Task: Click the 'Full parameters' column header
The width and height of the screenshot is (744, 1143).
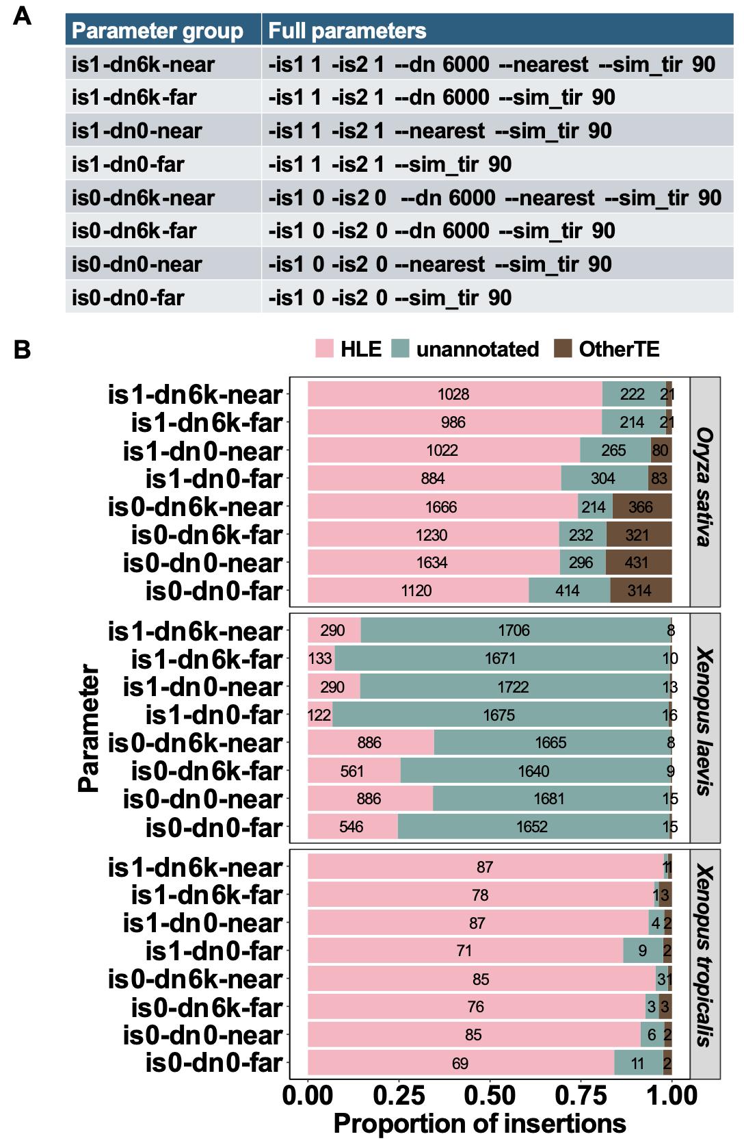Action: coord(347,30)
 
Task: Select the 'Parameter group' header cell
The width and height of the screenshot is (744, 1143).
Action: coord(157,30)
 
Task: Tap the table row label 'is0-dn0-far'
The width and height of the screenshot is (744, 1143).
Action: coord(128,298)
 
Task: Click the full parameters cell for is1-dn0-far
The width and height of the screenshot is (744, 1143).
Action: coord(390,164)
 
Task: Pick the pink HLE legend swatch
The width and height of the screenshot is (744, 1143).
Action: coord(323,349)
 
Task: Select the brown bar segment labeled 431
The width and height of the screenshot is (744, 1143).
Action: coord(638,563)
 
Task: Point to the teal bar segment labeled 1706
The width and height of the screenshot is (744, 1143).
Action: coord(514,630)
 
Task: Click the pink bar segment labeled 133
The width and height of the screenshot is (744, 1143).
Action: coord(321,658)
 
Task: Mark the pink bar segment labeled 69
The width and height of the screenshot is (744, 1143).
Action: coord(460,1063)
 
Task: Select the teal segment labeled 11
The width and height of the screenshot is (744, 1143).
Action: coord(638,1063)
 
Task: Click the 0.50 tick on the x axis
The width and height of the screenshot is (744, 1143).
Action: coord(490,1094)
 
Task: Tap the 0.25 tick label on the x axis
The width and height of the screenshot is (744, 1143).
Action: coord(399,1094)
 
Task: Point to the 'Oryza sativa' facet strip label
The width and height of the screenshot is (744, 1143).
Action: coord(704,487)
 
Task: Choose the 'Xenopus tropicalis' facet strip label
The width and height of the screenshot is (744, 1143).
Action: coord(704,956)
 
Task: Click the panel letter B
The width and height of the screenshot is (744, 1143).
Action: coord(22,350)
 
